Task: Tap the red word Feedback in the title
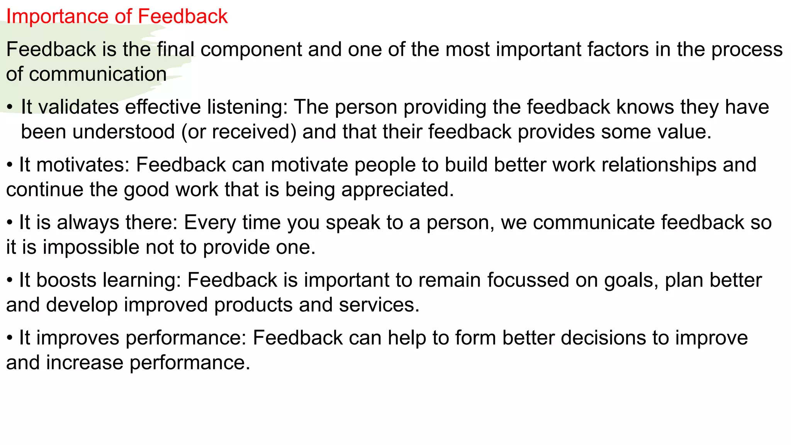pyautogui.click(x=183, y=16)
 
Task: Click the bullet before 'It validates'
pyautogui.click(x=10, y=107)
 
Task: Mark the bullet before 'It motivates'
pyautogui.click(x=10, y=165)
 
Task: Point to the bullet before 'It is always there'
pyautogui.click(x=10, y=223)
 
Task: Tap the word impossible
pyautogui.click(x=91, y=248)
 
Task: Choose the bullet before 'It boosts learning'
pyautogui.click(x=10, y=280)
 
